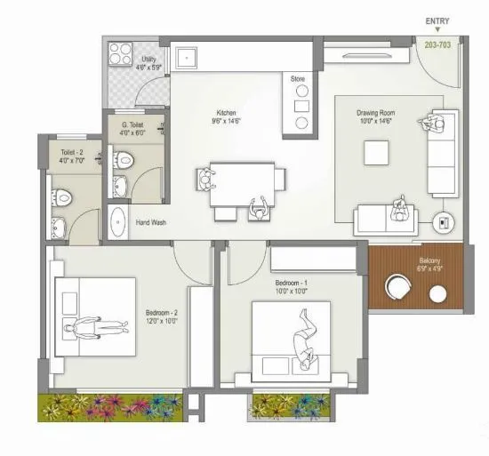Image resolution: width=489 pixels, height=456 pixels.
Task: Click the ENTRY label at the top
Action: click(x=437, y=21)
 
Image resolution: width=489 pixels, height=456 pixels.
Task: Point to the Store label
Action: click(x=297, y=79)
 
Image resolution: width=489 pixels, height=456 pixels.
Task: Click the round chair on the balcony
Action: click(x=397, y=286)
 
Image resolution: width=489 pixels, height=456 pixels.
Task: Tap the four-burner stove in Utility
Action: click(x=118, y=52)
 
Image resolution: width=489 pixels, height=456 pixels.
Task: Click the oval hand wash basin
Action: click(x=117, y=220)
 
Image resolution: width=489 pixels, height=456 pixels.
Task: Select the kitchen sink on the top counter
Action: click(x=188, y=56)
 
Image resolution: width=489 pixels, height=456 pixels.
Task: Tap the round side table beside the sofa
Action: click(x=442, y=222)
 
